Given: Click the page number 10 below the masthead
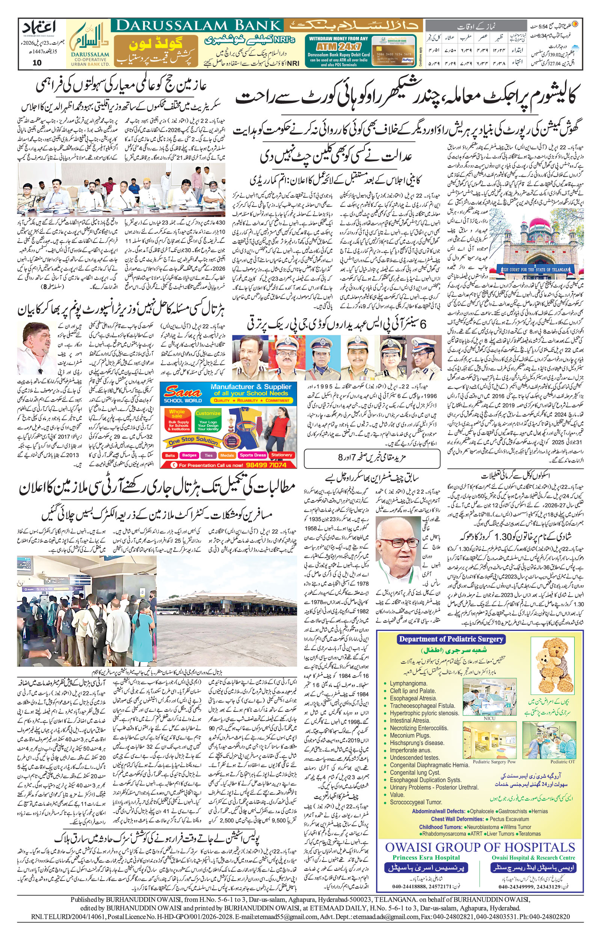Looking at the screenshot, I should coord(37,62).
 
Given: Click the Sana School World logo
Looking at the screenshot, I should coord(183,394).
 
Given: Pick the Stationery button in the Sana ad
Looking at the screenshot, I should coord(281,455).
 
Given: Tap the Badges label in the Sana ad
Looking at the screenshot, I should coord(189,455).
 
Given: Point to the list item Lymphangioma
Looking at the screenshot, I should coord(408,684).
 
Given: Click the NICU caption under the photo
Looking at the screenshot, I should coord(489,719).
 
